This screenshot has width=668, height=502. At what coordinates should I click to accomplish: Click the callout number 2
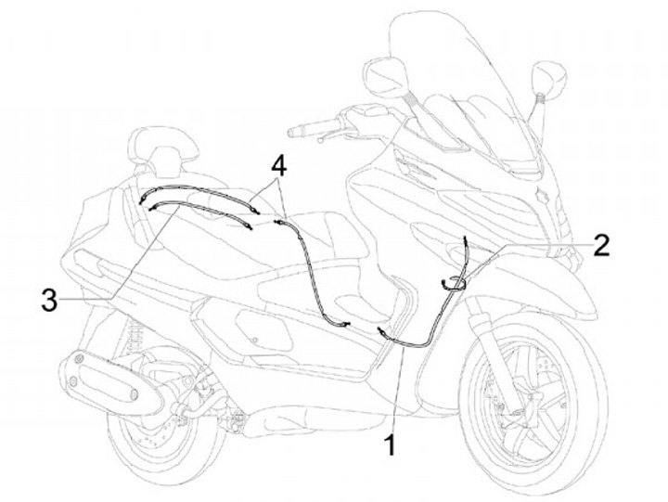(x=600, y=245)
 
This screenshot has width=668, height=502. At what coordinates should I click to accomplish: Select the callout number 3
(x=49, y=299)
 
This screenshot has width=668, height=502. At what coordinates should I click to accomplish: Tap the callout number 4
(x=278, y=166)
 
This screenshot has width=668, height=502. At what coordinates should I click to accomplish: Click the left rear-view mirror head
(x=383, y=78)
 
